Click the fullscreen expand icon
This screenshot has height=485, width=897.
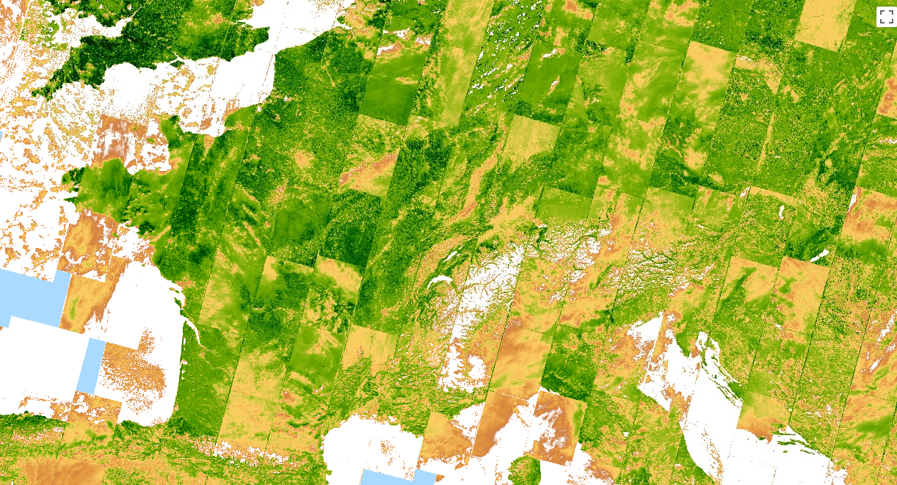885,17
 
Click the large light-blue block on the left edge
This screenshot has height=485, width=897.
29,297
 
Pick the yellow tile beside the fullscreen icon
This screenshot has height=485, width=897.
826,23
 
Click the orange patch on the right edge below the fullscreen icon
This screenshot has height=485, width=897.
874,213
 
